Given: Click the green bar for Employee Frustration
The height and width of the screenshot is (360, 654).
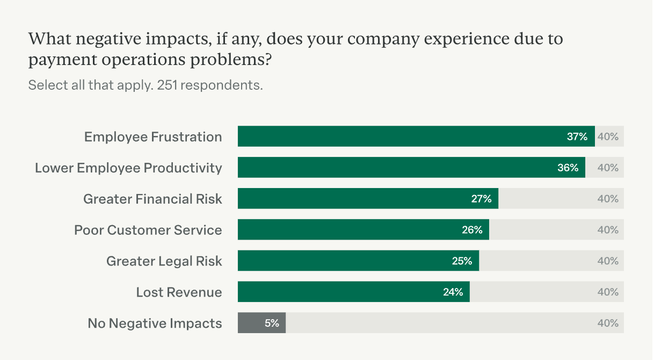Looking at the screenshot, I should [x=397, y=136].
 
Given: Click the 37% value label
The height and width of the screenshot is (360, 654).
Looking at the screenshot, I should [x=577, y=136].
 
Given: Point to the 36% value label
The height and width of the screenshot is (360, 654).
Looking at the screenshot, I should [x=568, y=168].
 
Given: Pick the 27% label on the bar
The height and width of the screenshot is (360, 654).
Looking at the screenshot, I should [x=481, y=199].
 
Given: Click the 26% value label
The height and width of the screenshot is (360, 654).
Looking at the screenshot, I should [x=472, y=230].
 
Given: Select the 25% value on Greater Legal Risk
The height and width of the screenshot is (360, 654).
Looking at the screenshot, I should [x=462, y=261].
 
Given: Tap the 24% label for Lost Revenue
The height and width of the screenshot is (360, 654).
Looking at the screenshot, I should [x=453, y=292].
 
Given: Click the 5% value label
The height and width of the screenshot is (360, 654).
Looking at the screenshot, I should [x=272, y=323].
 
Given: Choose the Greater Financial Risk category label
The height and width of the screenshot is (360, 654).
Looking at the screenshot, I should [x=152, y=199].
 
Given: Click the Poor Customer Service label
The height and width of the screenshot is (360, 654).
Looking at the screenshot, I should [x=148, y=230].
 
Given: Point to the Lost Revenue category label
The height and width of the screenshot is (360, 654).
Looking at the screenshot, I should [x=179, y=292].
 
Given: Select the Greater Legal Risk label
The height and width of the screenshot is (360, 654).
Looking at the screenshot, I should [x=164, y=261].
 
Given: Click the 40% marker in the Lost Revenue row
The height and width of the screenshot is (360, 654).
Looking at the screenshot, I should [x=608, y=292].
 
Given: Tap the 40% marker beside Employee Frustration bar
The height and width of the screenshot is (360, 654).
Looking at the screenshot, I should [x=608, y=136].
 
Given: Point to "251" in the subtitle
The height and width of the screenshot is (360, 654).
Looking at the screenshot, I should [x=168, y=85].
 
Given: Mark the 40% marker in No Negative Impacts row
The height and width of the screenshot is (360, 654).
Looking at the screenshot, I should [x=608, y=323].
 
